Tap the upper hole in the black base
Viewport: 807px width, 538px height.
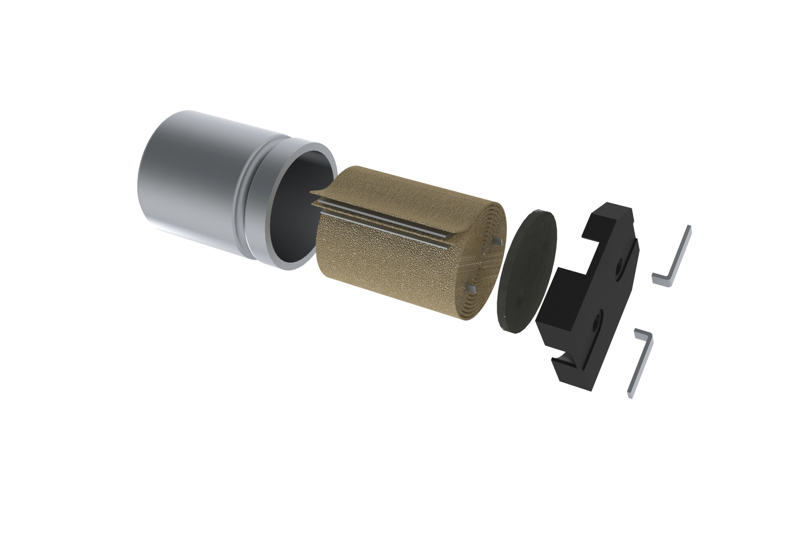(x=618, y=269)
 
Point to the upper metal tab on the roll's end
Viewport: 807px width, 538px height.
(x=496, y=241)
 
